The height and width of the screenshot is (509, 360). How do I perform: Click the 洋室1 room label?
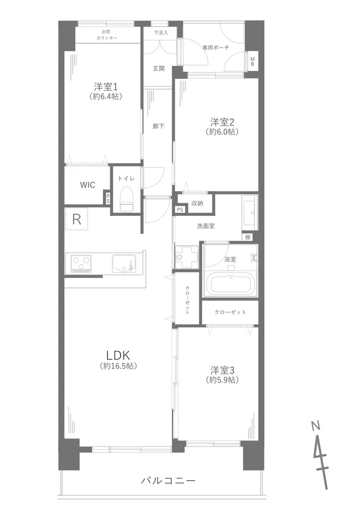point(106,87)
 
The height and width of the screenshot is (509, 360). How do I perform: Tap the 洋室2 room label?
point(222,122)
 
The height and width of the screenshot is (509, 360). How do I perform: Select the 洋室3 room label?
point(222,371)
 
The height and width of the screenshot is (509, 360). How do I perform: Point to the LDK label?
point(118,355)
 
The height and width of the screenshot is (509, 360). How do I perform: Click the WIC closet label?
point(88,185)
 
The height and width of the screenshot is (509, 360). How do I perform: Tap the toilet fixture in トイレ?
point(126,199)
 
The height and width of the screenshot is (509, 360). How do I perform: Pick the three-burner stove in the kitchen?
point(81,263)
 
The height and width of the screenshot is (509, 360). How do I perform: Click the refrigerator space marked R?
point(76,219)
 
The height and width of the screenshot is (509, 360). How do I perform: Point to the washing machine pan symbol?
point(187,256)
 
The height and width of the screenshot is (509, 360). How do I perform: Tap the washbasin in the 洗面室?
point(250,213)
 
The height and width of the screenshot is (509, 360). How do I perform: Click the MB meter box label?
point(253,61)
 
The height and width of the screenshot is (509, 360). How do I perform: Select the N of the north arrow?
point(316,425)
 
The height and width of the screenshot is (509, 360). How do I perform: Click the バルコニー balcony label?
point(168,480)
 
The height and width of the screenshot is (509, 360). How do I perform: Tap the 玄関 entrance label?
point(159,69)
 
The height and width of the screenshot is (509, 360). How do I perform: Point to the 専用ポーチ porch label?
point(216,47)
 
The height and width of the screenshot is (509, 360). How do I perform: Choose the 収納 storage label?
point(197,203)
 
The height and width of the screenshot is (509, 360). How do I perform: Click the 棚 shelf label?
point(247,237)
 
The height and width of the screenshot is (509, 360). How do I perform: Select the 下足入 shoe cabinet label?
point(161,33)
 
